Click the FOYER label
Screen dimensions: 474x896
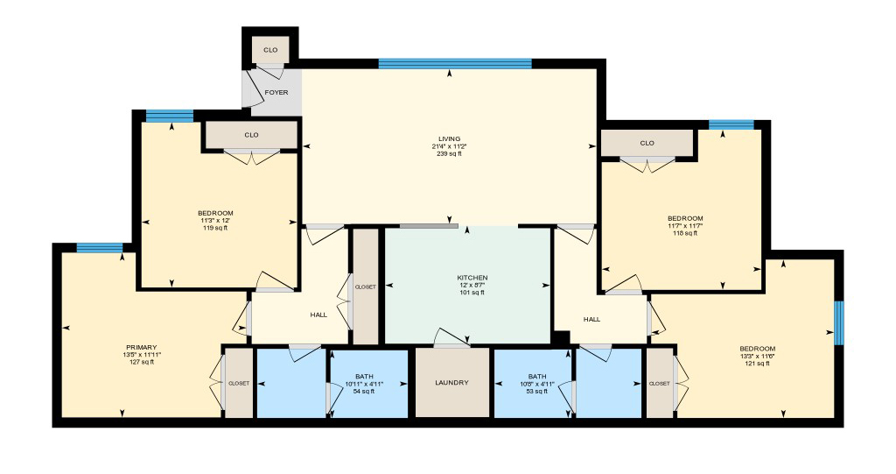pos(276,92)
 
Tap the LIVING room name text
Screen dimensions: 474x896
pos(450,138)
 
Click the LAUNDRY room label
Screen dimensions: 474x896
pos(451,383)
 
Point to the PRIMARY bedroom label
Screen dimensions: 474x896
pos(141,347)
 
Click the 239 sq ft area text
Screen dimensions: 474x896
pos(450,153)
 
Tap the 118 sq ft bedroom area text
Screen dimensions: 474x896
pos(684,233)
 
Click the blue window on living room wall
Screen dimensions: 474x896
pos(455,63)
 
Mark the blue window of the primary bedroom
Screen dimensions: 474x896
pos(99,247)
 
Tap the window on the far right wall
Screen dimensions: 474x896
pos(838,323)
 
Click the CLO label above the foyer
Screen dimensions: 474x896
pos(270,50)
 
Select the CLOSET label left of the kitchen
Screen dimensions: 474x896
pos(365,287)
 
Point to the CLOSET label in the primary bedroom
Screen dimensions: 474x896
pos(239,383)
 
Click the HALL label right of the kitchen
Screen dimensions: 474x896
pos(591,320)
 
